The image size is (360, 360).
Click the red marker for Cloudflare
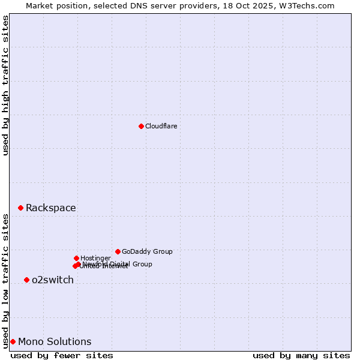[141, 126]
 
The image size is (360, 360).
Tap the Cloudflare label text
[161, 126]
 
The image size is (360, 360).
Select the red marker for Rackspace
[20, 208]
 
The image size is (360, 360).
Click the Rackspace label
[50, 208]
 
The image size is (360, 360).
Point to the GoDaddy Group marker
[118, 251]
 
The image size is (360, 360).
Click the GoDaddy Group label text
[147, 251]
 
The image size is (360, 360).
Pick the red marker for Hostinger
[76, 258]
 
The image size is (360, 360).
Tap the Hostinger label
[96, 258]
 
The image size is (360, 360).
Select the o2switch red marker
[26, 280]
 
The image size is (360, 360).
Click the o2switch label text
[53, 280]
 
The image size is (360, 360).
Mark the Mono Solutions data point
[13, 341]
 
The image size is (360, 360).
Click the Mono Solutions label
[55, 342]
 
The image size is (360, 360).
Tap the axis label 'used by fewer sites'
[62, 355]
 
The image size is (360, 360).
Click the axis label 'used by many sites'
[301, 355]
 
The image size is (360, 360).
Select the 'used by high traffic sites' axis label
[5, 85]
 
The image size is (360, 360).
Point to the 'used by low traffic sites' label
[5, 280]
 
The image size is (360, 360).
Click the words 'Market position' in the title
[56, 5]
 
